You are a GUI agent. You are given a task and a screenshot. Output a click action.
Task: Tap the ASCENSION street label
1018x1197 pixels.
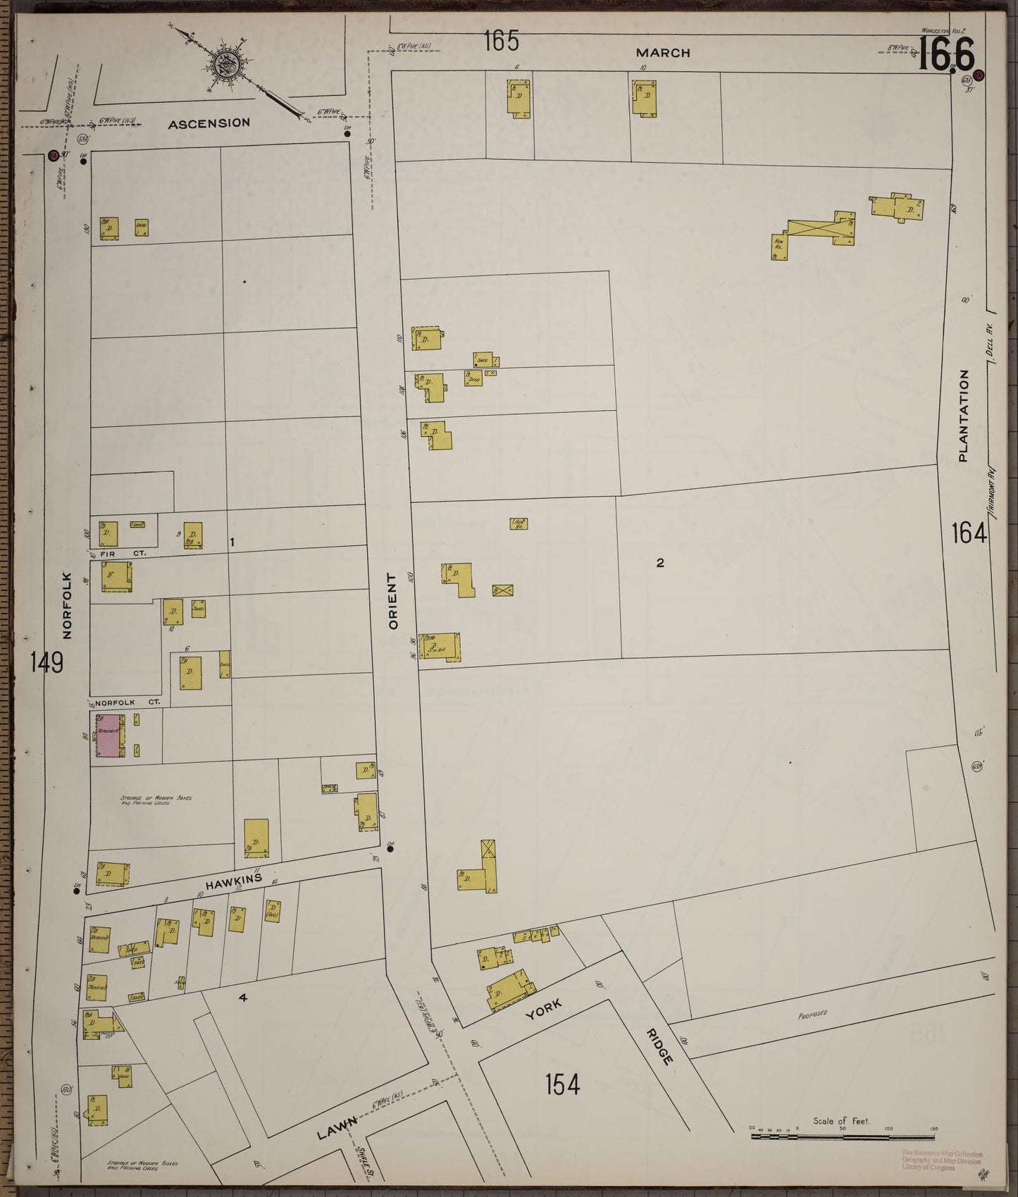point(209,123)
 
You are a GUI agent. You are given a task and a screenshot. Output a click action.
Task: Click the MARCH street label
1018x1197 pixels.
point(662,53)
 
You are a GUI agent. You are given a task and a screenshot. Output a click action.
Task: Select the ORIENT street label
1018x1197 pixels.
point(393,601)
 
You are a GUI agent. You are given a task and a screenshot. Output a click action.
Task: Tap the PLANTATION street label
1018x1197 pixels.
point(963,416)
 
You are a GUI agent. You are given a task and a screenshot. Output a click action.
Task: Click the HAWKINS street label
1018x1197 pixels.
point(235,881)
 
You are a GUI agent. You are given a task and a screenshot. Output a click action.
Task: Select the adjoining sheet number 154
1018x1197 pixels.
point(563,1084)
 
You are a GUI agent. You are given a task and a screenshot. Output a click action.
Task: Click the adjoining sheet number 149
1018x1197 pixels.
point(46,663)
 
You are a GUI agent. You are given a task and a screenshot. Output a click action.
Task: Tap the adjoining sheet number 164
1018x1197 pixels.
point(969,533)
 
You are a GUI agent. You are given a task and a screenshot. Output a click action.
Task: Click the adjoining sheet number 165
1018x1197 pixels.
point(501,42)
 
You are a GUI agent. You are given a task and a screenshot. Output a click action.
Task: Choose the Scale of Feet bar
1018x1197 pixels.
point(843,1136)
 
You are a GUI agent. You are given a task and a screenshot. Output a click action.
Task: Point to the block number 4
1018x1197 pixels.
point(242,997)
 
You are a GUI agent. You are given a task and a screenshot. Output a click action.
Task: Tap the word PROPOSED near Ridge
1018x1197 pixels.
point(812,1015)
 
